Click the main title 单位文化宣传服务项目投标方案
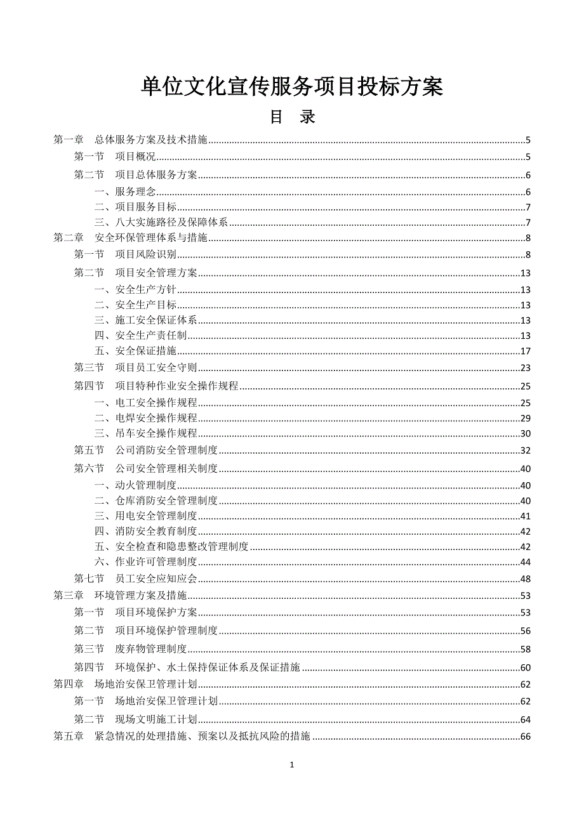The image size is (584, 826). click(x=291, y=87)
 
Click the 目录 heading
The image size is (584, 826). click(x=292, y=117)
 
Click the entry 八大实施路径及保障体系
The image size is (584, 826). click(x=165, y=223)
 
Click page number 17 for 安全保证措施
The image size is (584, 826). click(x=525, y=351)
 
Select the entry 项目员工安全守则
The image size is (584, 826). click(x=156, y=367)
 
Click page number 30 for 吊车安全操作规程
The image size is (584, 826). click(x=525, y=434)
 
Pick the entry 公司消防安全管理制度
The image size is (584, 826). click(x=166, y=450)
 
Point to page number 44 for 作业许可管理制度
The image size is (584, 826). click(x=525, y=562)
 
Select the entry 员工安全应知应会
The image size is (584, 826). click(x=156, y=579)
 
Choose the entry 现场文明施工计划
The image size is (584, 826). click(x=156, y=719)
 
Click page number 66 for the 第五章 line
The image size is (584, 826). click(x=525, y=737)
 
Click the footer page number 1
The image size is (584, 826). click(x=292, y=765)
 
